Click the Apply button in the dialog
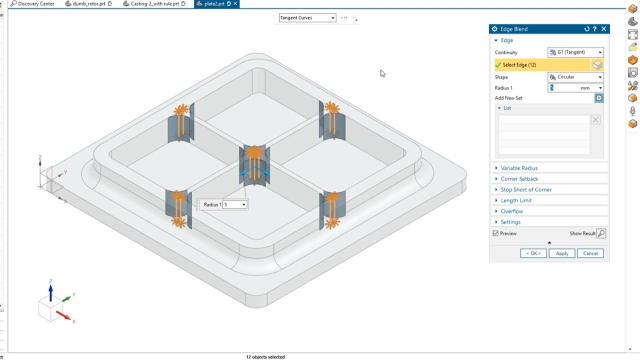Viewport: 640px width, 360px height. pyautogui.click(x=562, y=253)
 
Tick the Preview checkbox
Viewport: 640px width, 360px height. pyautogui.click(x=496, y=233)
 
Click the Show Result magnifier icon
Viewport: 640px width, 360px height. pyautogui.click(x=601, y=233)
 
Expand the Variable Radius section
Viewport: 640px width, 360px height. pyautogui.click(x=519, y=168)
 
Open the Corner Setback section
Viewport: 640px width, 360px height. pyautogui.click(x=519, y=179)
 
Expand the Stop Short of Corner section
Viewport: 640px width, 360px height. pyautogui.click(x=526, y=190)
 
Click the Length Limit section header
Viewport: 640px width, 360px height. pyautogui.click(x=516, y=201)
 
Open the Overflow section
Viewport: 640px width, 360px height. pyautogui.click(x=512, y=211)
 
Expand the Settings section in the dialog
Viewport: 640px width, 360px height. pyautogui.click(x=511, y=222)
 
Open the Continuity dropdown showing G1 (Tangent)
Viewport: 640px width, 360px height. pyautogui.click(x=575, y=52)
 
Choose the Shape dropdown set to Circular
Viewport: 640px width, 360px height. pyautogui.click(x=575, y=77)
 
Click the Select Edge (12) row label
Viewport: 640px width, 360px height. pyautogui.click(x=520, y=65)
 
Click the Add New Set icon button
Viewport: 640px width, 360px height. pyautogui.click(x=599, y=98)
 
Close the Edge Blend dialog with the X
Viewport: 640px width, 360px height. pyautogui.click(x=604, y=29)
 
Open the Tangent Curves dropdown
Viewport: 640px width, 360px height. pyautogui.click(x=307, y=18)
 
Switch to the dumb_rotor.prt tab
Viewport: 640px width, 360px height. pyautogui.click(x=89, y=4)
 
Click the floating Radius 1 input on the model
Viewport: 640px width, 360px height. pyautogui.click(x=233, y=204)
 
